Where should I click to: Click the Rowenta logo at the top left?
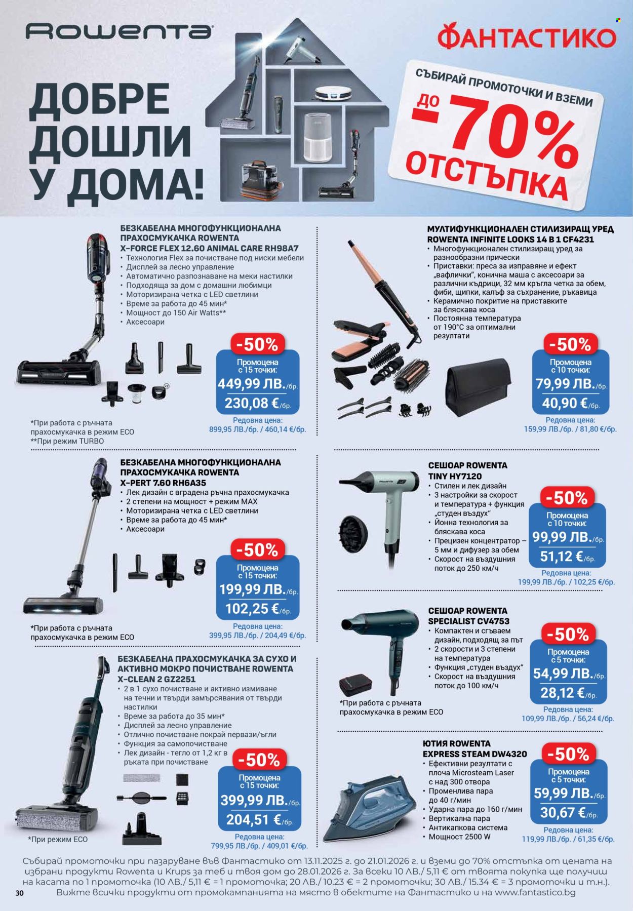118,32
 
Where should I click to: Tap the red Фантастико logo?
527,37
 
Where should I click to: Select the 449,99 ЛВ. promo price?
252,384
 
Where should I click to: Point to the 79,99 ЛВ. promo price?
565,384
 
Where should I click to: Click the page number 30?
20,893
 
